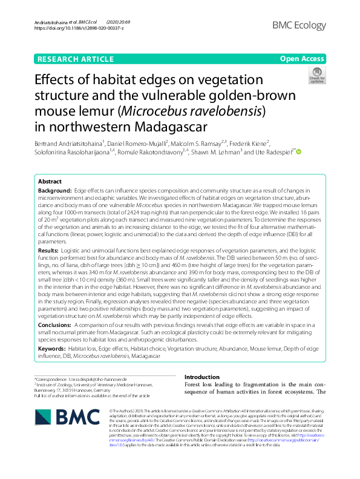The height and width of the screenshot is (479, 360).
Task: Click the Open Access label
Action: click(x=302, y=58)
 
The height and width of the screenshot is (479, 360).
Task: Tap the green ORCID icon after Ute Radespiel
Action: click(x=298, y=151)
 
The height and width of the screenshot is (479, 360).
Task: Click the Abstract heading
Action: click(x=50, y=182)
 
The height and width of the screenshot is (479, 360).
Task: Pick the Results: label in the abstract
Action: click(x=48, y=249)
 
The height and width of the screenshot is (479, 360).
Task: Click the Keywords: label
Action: click(x=52, y=349)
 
